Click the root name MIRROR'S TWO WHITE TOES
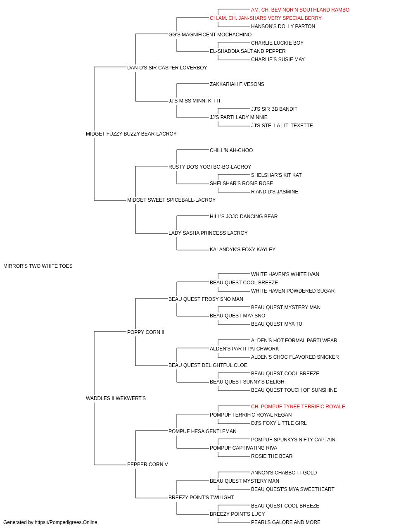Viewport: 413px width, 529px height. coord(38,266)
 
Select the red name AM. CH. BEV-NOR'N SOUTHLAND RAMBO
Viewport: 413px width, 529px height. coord(300,10)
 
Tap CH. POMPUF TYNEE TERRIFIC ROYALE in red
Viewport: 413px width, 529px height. coord(298,407)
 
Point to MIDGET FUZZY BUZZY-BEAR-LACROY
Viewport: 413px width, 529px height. coord(131,134)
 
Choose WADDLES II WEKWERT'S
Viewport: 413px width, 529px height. coord(116,398)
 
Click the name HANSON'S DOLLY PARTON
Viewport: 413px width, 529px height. coord(283,26)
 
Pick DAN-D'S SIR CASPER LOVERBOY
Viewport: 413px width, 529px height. coord(167,68)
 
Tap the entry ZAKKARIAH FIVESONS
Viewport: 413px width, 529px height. coord(237,84)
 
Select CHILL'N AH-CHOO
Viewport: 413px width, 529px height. coord(231,150)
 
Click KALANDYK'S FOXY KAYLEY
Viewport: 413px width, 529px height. coord(242,250)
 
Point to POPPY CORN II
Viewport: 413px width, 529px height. coord(146,332)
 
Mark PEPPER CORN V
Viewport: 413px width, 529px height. coord(147,465)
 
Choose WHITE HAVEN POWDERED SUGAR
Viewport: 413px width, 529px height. coord(292,291)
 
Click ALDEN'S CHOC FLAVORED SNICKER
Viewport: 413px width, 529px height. coord(295,357)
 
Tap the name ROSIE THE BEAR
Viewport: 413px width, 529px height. coord(272,456)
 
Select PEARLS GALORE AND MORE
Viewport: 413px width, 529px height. coord(285,522)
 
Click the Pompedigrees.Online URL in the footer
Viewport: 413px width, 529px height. coord(66,522)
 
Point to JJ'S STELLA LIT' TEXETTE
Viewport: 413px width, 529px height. coord(282,126)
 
